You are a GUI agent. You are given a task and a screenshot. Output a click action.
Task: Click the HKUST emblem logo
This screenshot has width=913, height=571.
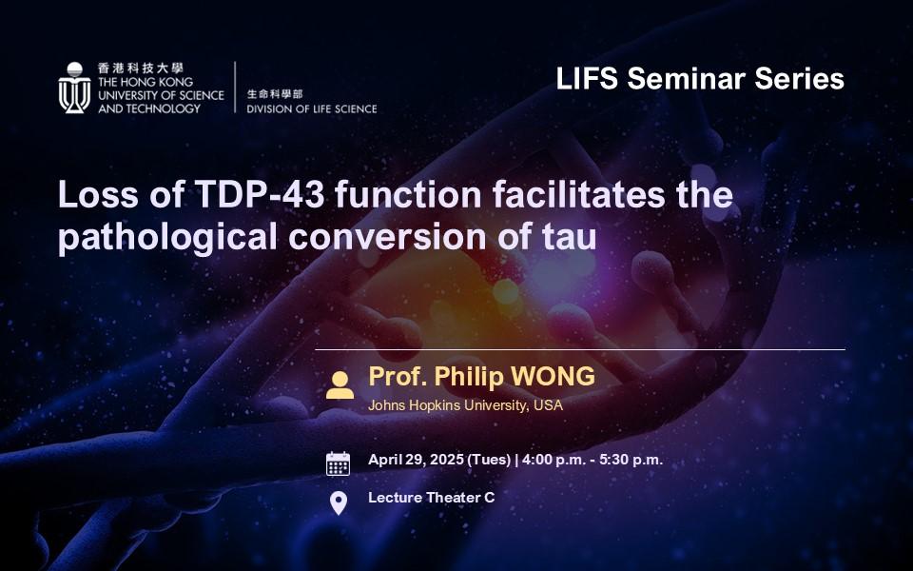[74, 88]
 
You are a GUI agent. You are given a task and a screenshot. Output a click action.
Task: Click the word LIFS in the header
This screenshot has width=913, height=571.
[587, 79]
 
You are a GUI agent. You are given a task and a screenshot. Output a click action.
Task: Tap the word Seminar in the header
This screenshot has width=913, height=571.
[687, 79]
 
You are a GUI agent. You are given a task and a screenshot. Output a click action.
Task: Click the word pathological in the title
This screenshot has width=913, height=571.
[167, 238]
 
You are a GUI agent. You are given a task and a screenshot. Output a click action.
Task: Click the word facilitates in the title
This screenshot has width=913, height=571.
[579, 194]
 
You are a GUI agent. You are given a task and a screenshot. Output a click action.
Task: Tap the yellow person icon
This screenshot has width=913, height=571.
[340, 385]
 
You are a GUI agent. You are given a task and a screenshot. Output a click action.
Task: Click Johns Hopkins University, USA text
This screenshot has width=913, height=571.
[465, 405]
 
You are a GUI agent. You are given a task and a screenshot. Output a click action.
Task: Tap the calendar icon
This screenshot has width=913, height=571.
[339, 463]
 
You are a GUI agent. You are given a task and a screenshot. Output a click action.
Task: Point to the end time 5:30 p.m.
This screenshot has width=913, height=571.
[631, 461]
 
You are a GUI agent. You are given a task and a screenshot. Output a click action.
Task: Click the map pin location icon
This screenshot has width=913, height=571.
[339, 503]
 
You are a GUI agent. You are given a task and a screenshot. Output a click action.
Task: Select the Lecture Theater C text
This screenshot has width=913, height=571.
[432, 498]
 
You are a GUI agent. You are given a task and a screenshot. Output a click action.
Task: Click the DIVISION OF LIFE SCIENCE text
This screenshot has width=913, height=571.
[312, 108]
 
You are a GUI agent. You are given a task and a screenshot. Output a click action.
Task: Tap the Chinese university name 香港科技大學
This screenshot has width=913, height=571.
[141, 69]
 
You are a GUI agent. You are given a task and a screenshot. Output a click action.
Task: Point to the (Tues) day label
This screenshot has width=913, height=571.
[489, 461]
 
